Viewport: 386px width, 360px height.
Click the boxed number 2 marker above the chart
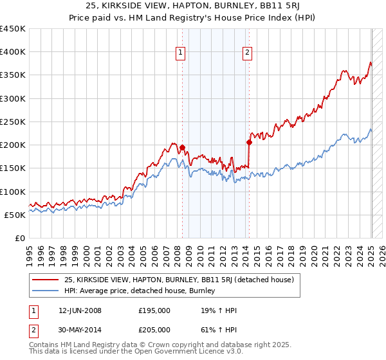tap(248, 53)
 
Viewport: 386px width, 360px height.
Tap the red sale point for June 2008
tap(182, 147)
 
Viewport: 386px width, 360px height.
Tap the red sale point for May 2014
tap(249, 142)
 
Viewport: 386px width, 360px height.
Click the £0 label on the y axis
tap(20, 238)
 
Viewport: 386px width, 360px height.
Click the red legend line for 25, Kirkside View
tap(46, 280)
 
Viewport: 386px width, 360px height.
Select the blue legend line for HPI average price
tap(46, 291)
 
